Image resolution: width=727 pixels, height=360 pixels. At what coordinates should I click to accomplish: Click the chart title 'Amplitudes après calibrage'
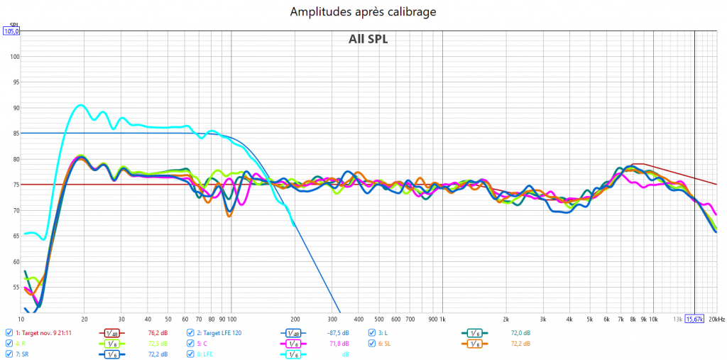click(x=363, y=12)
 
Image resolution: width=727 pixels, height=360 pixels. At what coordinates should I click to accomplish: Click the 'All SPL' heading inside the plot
click(x=368, y=39)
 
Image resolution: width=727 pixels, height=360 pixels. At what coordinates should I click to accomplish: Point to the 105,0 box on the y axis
click(x=11, y=31)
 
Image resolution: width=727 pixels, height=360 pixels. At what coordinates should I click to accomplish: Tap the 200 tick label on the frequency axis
click(x=295, y=320)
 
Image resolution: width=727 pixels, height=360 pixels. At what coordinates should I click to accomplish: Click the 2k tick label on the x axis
click(x=506, y=320)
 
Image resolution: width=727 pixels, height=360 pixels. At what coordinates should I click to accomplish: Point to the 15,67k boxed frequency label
click(x=694, y=320)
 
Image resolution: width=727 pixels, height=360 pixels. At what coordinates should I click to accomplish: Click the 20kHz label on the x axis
click(x=715, y=320)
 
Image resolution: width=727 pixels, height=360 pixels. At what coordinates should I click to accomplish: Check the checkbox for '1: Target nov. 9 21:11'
click(x=9, y=332)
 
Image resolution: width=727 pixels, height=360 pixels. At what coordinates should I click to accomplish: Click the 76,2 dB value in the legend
click(x=158, y=332)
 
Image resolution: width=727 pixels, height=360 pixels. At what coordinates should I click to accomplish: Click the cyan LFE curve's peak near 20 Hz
click(x=80, y=105)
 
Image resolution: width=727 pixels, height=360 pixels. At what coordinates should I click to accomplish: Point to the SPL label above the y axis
click(x=13, y=25)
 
